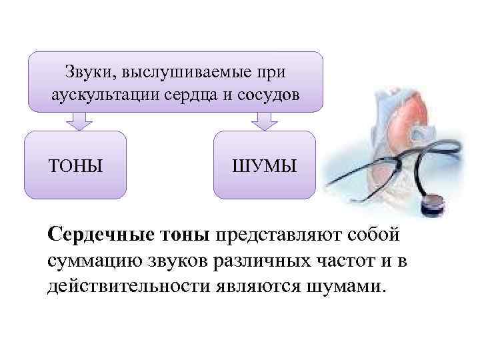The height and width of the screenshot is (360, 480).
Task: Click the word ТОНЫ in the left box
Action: coord(75,165)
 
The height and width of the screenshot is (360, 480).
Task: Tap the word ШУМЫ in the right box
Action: coord(265,165)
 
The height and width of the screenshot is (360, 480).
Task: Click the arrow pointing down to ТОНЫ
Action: coord(79,121)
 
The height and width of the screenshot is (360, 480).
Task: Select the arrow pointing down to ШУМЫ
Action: coord(264,121)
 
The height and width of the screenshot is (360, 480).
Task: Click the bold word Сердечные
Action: coord(101,236)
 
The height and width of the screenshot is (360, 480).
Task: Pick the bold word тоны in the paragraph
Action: coord(185,236)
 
